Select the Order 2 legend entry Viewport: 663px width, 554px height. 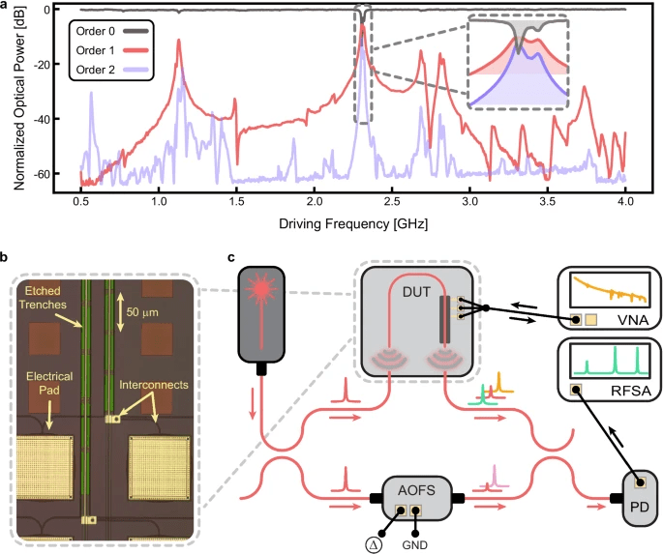(107, 67)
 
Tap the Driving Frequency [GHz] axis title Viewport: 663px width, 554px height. (353, 223)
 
